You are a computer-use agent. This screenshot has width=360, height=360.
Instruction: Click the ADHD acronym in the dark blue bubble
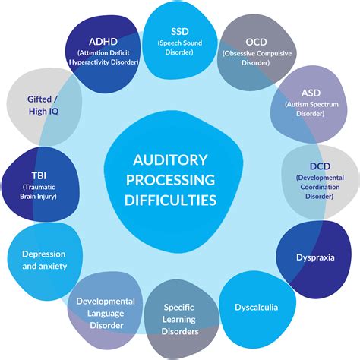coord(101,41)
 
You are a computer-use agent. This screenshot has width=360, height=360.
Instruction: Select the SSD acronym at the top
coord(181,30)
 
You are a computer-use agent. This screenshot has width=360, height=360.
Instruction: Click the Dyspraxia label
coord(315,257)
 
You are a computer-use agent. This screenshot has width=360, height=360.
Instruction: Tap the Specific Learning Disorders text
coord(181,320)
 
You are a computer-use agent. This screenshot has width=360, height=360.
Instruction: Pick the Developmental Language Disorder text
coord(106,313)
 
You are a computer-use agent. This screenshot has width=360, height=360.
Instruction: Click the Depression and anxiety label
coord(43,260)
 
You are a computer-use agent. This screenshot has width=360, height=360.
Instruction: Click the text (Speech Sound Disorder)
coord(181,46)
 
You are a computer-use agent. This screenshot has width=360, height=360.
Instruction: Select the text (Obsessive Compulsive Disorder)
coord(257,58)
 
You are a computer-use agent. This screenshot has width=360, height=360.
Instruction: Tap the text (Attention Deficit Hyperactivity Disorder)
coord(101,58)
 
